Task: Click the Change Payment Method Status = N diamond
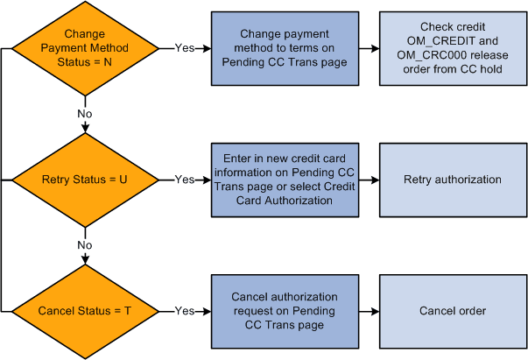pyautogui.click(x=85, y=49)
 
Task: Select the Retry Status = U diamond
pyautogui.click(x=85, y=180)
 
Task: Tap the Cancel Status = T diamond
pyautogui.click(x=85, y=310)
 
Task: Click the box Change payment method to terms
pyautogui.click(x=285, y=48)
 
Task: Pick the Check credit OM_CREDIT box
pyautogui.click(x=454, y=48)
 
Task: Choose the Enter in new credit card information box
pyautogui.click(x=285, y=180)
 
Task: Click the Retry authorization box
pyautogui.click(x=454, y=180)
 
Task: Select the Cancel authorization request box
pyautogui.click(x=285, y=310)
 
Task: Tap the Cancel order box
pyautogui.click(x=454, y=310)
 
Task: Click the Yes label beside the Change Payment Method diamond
pyautogui.click(x=185, y=49)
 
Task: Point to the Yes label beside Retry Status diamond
pyautogui.click(x=185, y=180)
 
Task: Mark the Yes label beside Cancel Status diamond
pyautogui.click(x=185, y=310)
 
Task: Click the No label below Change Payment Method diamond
pyautogui.click(x=85, y=113)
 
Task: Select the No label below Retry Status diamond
pyautogui.click(x=85, y=244)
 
